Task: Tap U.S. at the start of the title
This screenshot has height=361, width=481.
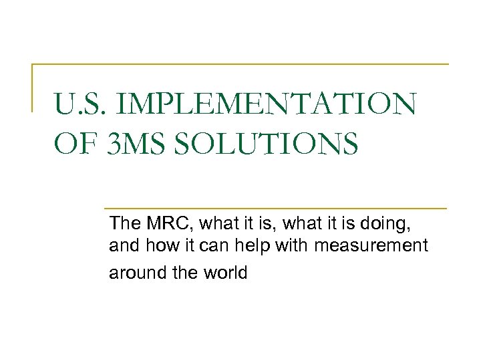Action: coord(83,106)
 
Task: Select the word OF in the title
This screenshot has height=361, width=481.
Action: coord(75,143)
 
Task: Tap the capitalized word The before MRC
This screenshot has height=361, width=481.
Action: coord(123,221)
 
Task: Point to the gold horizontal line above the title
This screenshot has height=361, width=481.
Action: coord(240,64)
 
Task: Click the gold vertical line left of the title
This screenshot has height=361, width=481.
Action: coord(33,87)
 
